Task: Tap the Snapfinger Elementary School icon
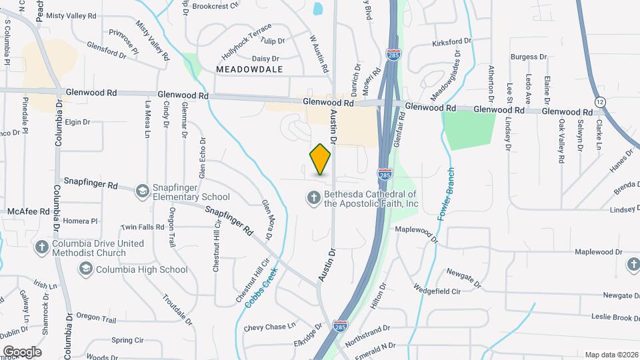tap(141, 191)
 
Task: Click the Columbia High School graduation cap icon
tap(85, 269)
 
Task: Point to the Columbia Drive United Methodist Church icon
tap(41, 247)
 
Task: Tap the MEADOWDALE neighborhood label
tap(250, 69)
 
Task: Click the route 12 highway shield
tap(601, 101)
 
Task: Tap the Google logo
tap(22, 351)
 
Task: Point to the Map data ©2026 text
tap(611, 354)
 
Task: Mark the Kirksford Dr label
tap(451, 41)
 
